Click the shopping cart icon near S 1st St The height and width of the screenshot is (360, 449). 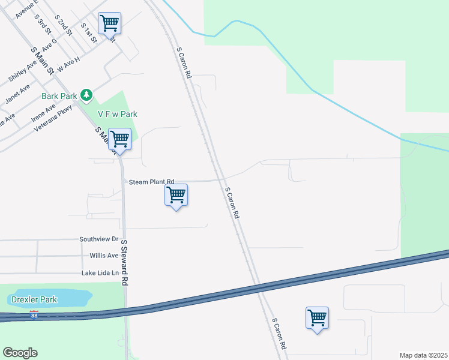point(109,24)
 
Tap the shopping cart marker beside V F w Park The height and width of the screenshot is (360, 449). point(120,139)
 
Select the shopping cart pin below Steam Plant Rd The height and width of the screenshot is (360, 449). point(176,195)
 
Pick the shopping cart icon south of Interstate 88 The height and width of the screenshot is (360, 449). point(316,318)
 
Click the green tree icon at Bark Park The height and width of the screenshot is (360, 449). point(87,95)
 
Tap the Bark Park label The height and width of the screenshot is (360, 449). point(59,95)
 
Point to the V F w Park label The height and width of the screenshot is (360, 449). point(118,114)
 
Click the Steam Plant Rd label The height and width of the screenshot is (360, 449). point(151,181)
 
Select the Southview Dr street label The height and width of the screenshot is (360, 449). point(99,239)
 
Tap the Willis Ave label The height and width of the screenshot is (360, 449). point(104,255)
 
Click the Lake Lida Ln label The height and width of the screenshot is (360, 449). point(100,273)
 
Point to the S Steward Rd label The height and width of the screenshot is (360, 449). point(125,263)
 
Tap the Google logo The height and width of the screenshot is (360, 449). point(20,353)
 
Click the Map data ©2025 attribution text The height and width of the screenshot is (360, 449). point(423,355)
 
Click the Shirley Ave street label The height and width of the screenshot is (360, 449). point(23,71)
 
